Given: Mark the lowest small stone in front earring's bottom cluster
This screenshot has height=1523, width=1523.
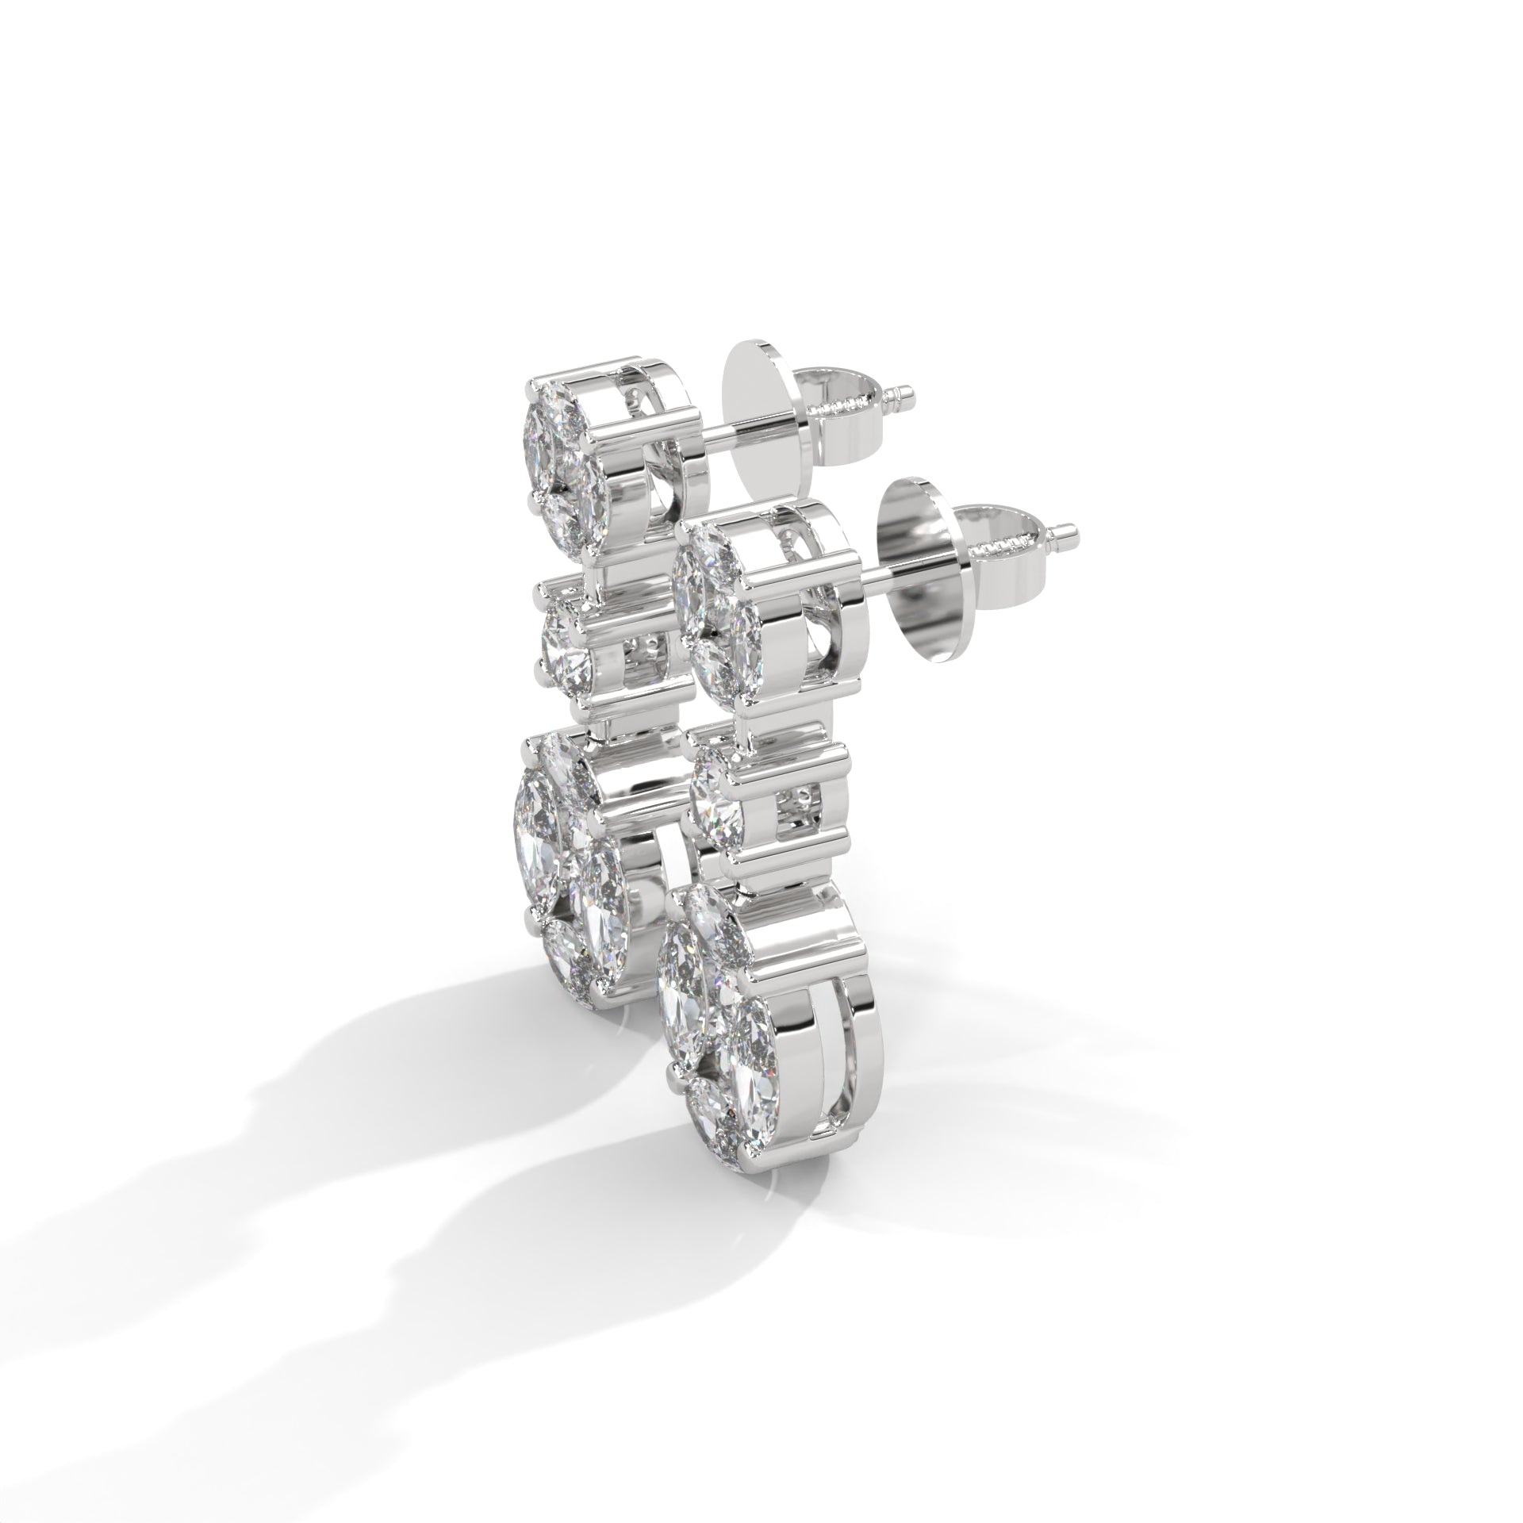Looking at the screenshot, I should point(714,1114).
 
